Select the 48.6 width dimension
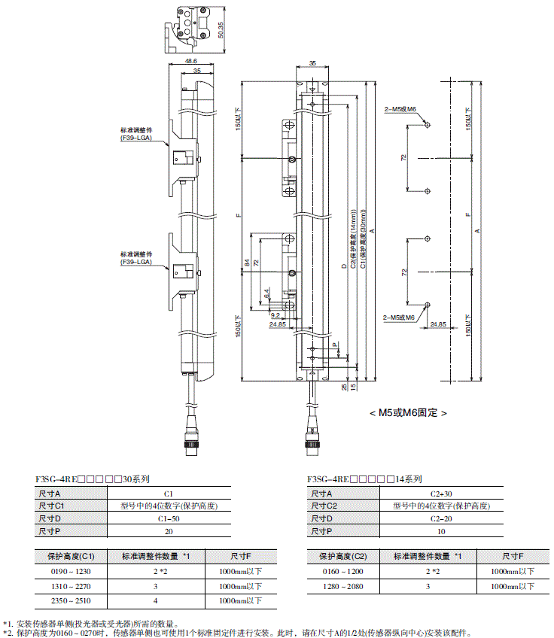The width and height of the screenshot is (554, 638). [190, 61]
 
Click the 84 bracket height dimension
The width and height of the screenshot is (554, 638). [245, 263]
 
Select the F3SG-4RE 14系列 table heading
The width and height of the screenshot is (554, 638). [364, 478]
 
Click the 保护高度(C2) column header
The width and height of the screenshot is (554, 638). [342, 556]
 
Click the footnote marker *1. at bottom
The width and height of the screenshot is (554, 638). [8, 623]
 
